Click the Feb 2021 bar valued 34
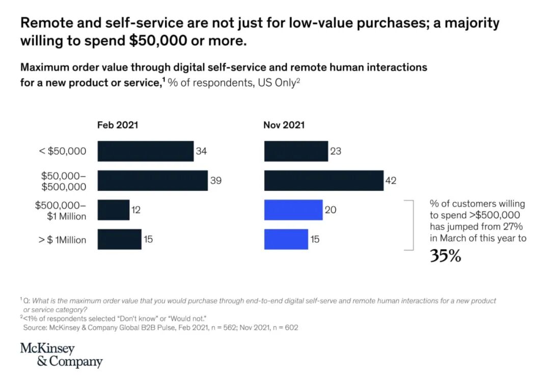coord(145,151)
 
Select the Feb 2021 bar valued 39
coord(152,181)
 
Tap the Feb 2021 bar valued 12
coord(113,210)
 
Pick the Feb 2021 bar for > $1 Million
coord(119,239)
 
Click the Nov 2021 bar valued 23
coord(296,151)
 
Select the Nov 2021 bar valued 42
coord(323,181)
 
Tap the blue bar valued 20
coord(293,210)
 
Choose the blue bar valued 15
coord(286,239)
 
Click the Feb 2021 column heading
coord(118,125)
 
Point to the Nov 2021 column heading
coord(284,125)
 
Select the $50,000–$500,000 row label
coord(64,181)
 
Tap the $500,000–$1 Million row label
coord(61,210)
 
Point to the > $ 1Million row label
coord(62,240)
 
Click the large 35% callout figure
coord(445,255)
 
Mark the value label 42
coord(391,181)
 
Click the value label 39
coord(216,181)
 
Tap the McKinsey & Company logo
coord(61,356)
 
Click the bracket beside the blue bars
coord(409,225)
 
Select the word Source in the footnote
coord(35,327)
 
